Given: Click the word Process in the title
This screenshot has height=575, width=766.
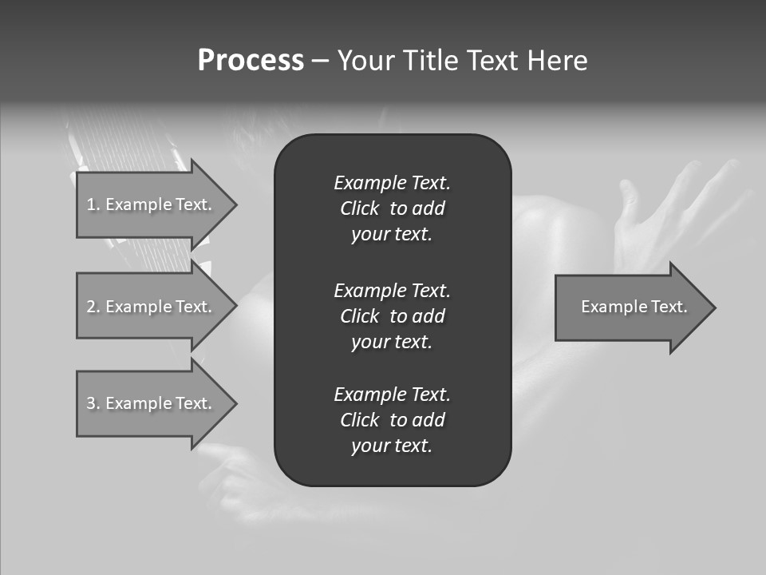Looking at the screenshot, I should [251, 61].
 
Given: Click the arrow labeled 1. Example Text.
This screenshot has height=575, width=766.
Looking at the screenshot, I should [152, 204].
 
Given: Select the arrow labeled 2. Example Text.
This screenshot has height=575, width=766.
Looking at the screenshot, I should [152, 307].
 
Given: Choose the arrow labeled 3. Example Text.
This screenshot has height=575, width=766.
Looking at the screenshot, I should [152, 403].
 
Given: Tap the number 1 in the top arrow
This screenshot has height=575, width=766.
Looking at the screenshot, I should [91, 204].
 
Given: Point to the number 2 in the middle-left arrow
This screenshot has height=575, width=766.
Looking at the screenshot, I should [91, 307].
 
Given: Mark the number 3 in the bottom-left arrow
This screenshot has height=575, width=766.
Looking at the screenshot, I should [91, 403].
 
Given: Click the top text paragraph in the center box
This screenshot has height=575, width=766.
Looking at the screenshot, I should [392, 208].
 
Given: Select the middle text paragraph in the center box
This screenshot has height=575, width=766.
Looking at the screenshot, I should [392, 315].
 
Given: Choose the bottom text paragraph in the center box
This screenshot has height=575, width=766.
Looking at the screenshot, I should [392, 420].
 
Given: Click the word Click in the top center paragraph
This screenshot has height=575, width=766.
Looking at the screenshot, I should [360, 208].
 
